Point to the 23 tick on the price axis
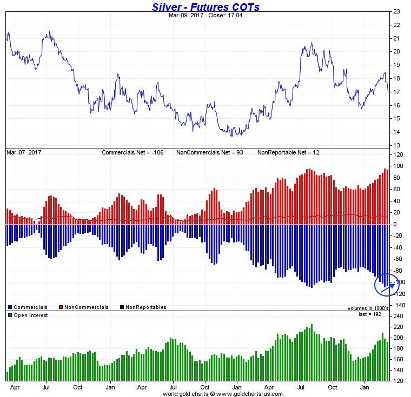[396, 11]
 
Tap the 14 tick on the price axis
[396, 132]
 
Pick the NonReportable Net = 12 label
[288, 153]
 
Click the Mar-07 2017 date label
[24, 153]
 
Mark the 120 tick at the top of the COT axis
[398, 155]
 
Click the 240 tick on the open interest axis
[398, 316]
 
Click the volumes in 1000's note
[368, 308]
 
